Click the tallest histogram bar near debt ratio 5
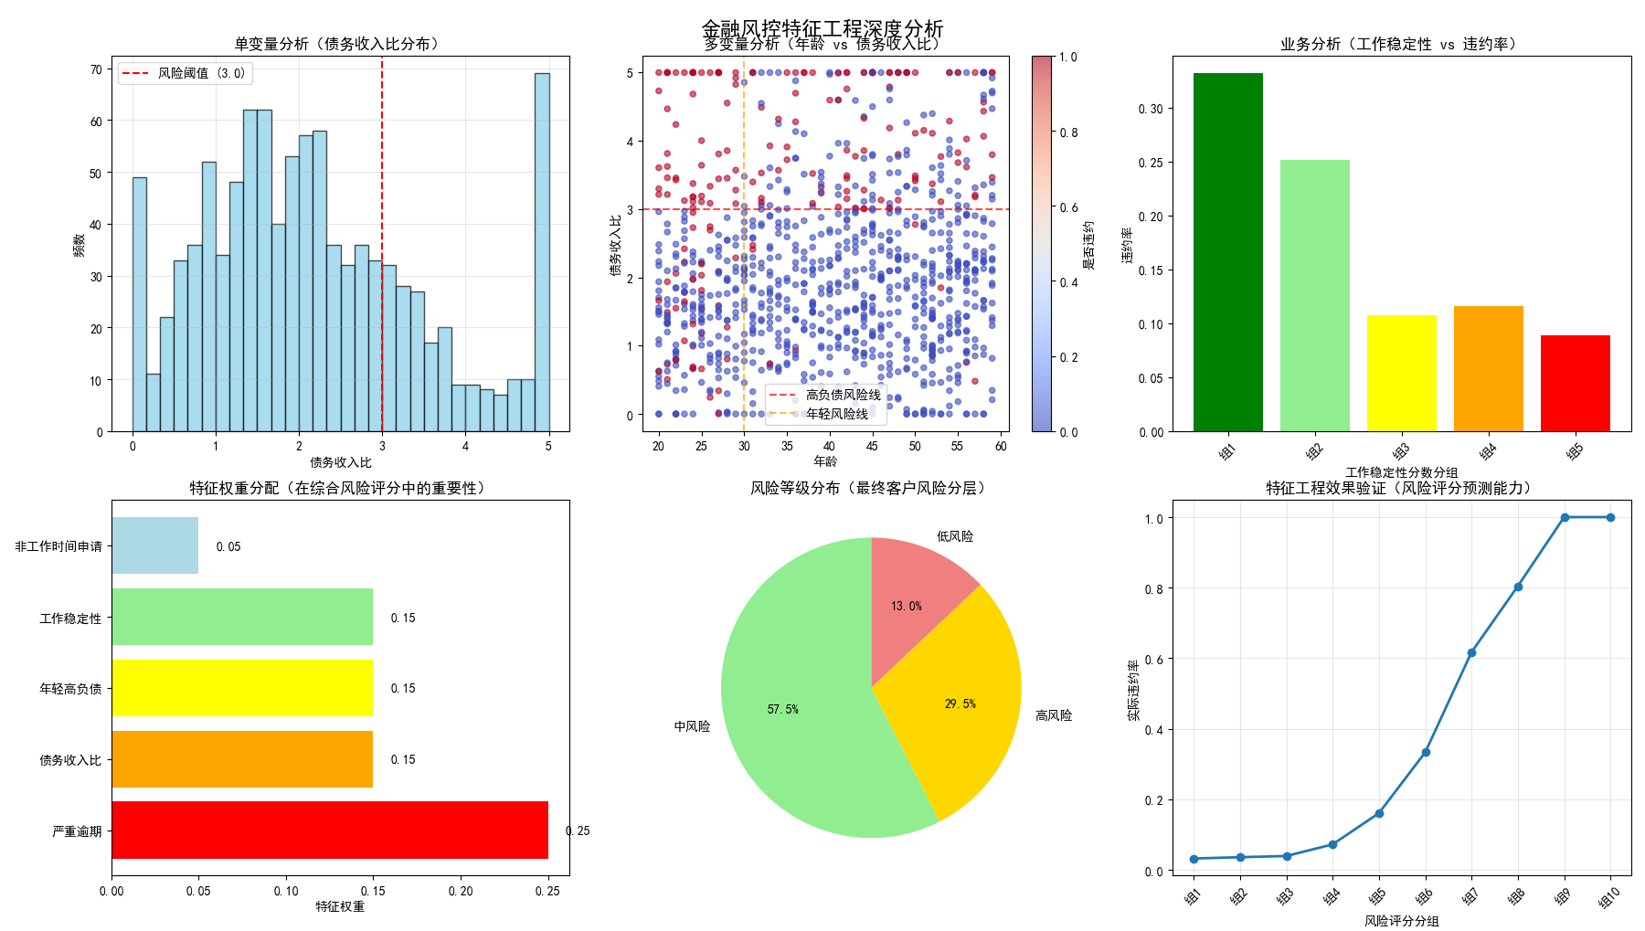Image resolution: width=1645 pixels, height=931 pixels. coord(542,251)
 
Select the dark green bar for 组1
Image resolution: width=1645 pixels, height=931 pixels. coord(1227,251)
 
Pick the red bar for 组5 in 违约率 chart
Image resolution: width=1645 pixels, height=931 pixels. coord(1575,383)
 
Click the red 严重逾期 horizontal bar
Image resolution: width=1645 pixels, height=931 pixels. coord(330,830)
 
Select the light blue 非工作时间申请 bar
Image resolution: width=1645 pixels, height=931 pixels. coord(155,545)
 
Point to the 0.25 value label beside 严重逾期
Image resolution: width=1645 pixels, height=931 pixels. coord(578,830)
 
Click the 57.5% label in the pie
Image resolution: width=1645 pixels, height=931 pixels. coord(782,709)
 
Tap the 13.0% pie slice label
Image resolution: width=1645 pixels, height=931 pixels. coord(906,606)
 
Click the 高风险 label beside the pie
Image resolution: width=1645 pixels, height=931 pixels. coord(1053,715)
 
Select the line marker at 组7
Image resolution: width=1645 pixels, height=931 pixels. coord(1471,652)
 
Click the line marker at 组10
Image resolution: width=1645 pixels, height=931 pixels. coord(1610,517)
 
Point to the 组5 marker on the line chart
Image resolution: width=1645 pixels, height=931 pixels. coord(1379,813)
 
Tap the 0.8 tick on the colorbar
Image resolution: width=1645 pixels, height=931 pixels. coord(1068,132)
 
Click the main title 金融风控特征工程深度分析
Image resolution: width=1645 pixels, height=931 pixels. coord(822,28)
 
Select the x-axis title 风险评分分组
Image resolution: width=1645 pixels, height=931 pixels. coord(1401,921)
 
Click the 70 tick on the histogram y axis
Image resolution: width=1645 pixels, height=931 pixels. coord(96,69)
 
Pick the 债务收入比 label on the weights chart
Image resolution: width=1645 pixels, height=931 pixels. coord(70,760)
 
